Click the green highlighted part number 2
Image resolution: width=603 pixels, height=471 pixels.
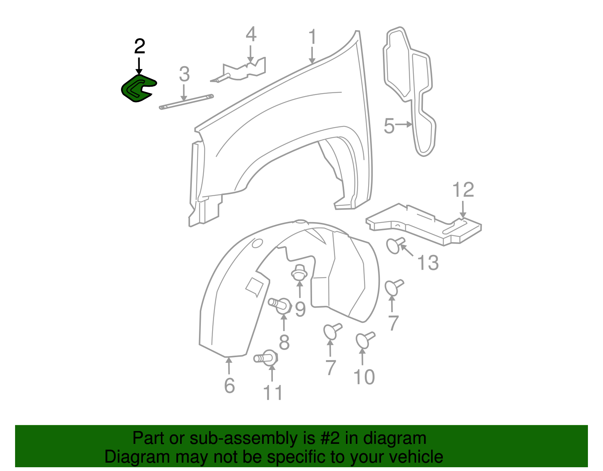pos(136,89)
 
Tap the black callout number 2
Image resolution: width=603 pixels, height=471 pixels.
pos(139,47)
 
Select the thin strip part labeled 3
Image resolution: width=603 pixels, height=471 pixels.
pos(187,102)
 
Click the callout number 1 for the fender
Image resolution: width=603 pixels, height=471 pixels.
pos(312,37)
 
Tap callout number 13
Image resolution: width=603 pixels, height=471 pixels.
pos(428,262)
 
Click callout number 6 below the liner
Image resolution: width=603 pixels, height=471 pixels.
pos(230,385)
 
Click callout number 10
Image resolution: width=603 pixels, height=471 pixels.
pos(364,377)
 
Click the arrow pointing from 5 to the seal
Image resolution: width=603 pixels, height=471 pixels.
pos(404,124)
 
